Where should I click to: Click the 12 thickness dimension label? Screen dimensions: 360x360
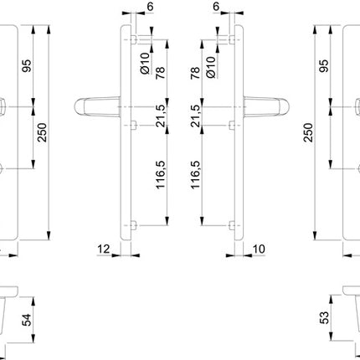coord(104,249)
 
